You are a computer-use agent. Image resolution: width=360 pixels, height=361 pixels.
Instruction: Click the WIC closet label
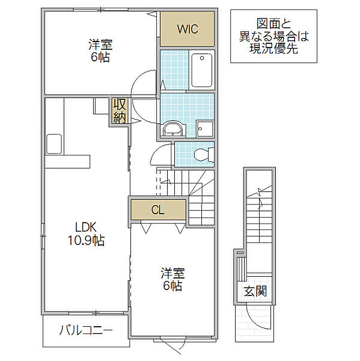click(188, 29)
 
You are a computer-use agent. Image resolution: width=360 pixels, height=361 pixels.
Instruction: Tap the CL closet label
click(158, 210)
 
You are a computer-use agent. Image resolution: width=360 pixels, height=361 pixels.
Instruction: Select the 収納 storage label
click(120, 111)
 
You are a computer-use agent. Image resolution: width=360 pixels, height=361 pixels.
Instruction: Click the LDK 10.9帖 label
click(86, 233)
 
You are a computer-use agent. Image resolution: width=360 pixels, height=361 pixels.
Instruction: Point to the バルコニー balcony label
click(86, 331)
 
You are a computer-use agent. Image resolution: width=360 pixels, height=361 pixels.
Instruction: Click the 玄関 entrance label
click(255, 291)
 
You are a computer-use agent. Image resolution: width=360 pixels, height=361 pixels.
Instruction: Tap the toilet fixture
click(204, 154)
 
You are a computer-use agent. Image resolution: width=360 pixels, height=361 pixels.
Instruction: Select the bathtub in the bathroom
click(202, 70)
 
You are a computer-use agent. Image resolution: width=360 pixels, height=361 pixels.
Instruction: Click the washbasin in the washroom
click(174, 129)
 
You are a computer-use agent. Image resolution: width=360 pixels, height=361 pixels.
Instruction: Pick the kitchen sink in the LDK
click(54, 144)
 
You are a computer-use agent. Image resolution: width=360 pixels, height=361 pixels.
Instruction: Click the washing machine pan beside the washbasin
click(205, 129)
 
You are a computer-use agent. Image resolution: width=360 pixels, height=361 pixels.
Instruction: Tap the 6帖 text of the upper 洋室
click(100, 57)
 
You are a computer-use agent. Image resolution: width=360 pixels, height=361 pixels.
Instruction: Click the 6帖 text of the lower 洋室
click(172, 286)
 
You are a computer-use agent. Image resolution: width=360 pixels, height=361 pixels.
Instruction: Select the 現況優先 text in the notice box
click(273, 48)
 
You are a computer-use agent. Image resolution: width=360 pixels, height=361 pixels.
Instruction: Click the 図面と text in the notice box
click(273, 23)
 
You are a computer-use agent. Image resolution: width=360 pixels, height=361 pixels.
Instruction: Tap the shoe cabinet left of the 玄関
click(242, 269)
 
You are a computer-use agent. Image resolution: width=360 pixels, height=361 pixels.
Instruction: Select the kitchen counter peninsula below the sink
click(67, 162)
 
